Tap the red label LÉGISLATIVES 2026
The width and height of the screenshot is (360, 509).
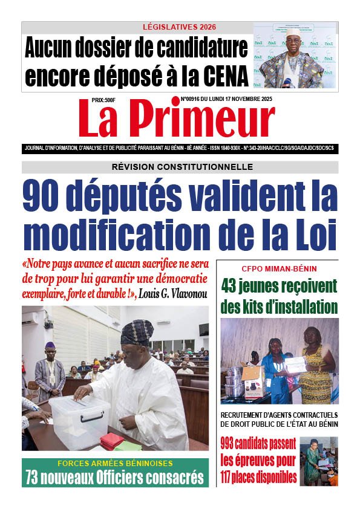pos(179,27)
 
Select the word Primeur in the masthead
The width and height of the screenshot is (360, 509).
pos(205,120)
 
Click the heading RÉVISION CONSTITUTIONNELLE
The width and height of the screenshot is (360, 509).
pos(180,167)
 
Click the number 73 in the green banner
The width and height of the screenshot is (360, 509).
pos(35,477)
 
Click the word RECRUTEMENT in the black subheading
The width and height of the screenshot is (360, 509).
pos(246,415)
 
